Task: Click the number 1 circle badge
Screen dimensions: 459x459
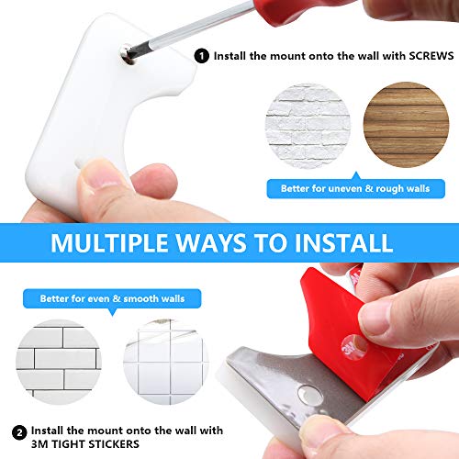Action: (x=202, y=56)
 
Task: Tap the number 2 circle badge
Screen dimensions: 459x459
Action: (x=19, y=433)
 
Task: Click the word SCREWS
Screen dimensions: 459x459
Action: (x=431, y=56)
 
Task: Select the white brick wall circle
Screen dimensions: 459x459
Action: (x=308, y=126)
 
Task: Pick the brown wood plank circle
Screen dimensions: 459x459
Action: (x=406, y=125)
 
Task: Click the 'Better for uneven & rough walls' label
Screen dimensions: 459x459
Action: (x=355, y=188)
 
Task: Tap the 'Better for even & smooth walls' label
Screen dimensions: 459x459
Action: (x=112, y=298)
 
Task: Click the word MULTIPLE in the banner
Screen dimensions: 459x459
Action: (x=109, y=242)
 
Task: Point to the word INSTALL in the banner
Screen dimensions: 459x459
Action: (x=343, y=242)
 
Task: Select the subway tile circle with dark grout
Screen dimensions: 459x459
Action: (x=59, y=362)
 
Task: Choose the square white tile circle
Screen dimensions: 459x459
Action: (x=166, y=362)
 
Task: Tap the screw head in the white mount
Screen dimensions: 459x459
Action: (x=127, y=54)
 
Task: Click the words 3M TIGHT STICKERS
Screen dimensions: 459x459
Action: (x=85, y=444)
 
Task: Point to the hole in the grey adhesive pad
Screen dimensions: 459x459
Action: (x=310, y=395)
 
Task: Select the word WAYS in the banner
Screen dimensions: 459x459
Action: (x=211, y=242)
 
